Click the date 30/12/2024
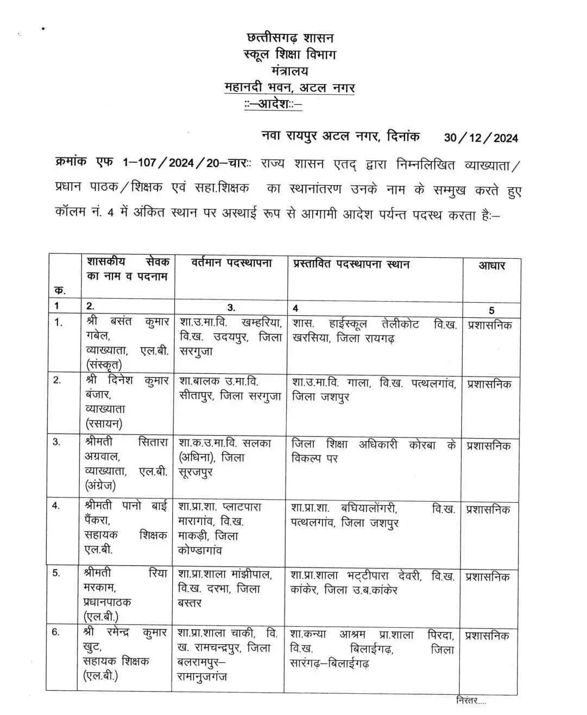(481, 137)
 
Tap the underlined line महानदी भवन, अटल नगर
(289, 87)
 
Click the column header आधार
(491, 265)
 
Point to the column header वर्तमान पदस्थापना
(231, 264)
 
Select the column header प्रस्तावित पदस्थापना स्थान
(351, 265)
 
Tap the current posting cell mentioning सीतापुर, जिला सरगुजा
(230, 390)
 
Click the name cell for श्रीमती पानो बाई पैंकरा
(126, 528)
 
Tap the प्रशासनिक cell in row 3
(489, 446)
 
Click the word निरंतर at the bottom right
(470, 700)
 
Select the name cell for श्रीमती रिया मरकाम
(125, 595)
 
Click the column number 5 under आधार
(491, 310)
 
